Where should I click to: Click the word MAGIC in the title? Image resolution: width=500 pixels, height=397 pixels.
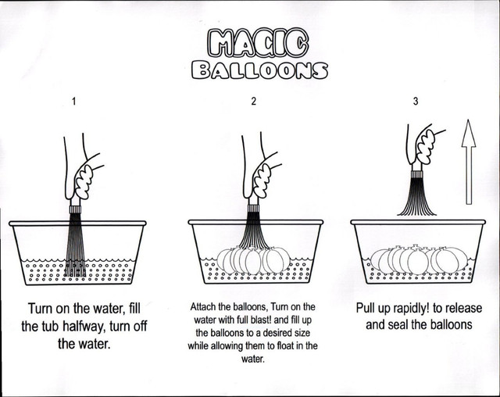[258, 43]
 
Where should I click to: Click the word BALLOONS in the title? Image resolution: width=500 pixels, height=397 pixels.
[259, 70]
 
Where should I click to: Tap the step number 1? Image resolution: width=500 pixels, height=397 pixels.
[74, 102]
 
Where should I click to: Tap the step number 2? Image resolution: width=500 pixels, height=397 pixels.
[253, 101]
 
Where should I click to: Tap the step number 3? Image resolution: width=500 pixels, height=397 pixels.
[416, 101]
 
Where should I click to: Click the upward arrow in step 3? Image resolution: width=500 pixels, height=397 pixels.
[469, 162]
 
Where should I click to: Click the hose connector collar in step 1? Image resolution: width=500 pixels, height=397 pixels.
[75, 209]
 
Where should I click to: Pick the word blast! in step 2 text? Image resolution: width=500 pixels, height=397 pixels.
[259, 320]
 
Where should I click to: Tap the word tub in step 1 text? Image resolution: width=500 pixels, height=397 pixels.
[50, 326]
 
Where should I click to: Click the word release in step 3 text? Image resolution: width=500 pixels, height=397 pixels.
[463, 309]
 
